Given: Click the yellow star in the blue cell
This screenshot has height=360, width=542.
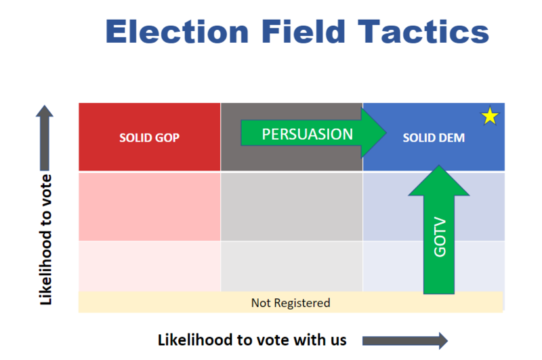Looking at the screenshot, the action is pos(490,116).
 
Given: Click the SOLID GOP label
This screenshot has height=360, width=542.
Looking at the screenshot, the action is pos(149,138).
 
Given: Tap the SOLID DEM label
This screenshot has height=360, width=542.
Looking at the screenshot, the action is pos(434,138).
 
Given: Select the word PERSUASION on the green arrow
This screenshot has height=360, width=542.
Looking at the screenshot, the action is pos(308,134).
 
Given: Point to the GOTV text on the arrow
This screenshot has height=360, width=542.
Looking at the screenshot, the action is pos(440,237).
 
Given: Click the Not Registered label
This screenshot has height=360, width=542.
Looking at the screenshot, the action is pos(291,303).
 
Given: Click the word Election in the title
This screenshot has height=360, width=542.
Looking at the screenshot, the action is pos(177,31).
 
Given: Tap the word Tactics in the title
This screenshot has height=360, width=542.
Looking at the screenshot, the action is pos(423,31).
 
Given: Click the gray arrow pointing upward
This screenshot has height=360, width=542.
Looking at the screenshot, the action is pos(45,138).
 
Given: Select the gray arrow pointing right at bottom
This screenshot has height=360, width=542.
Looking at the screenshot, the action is pos(405,341).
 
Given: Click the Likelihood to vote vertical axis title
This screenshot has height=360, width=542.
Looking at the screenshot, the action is pos(45,239).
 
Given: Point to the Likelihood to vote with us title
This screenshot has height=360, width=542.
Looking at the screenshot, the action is pos(252,340).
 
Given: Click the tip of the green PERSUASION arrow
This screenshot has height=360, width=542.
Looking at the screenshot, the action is pos(386,133).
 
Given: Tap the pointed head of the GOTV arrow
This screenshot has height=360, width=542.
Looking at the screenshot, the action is pos(439,165).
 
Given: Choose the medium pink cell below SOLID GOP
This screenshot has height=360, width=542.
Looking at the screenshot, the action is pos(149,207).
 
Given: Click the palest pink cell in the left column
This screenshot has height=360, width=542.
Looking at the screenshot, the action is pos(149,266).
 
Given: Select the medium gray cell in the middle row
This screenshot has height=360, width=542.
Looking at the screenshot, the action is pos(291,207).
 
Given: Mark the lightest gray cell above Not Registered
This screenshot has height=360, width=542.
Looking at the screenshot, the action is pos(291,266).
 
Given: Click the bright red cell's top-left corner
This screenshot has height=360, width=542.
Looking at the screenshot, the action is pos(79,103).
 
